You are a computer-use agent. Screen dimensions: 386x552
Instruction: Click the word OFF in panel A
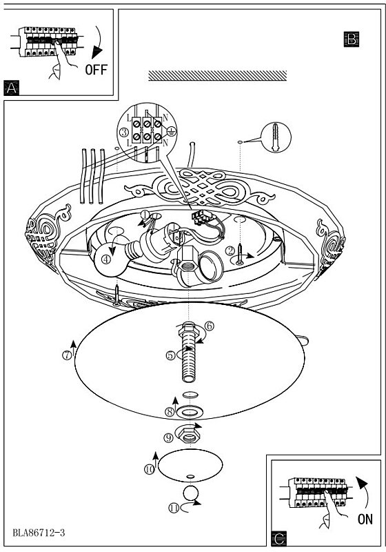click(96, 70)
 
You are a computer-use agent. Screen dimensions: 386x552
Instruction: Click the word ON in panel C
click(365, 519)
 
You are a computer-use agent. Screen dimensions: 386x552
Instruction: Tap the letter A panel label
click(11, 88)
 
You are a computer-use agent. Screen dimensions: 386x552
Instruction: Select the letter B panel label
click(352, 39)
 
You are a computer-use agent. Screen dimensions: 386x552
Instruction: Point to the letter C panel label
click(279, 539)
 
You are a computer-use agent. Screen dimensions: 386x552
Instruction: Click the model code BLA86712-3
click(39, 533)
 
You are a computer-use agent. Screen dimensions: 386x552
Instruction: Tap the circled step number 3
click(124, 132)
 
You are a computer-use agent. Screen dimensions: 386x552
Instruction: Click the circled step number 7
click(67, 355)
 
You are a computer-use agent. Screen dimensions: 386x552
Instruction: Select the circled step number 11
click(174, 509)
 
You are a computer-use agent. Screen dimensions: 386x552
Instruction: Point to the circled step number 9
click(168, 437)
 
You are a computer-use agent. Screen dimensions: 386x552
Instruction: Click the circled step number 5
click(170, 355)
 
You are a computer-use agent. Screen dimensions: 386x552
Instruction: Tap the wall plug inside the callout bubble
click(276, 137)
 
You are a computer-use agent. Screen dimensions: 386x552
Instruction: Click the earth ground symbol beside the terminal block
click(171, 131)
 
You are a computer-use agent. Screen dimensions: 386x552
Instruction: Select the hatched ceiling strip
click(217, 76)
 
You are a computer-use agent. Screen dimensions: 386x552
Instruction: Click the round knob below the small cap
click(191, 493)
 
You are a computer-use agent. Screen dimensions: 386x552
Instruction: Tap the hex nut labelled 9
click(189, 434)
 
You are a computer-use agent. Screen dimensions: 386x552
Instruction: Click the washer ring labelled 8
click(190, 411)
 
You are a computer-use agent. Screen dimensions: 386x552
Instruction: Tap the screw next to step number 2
click(240, 254)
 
